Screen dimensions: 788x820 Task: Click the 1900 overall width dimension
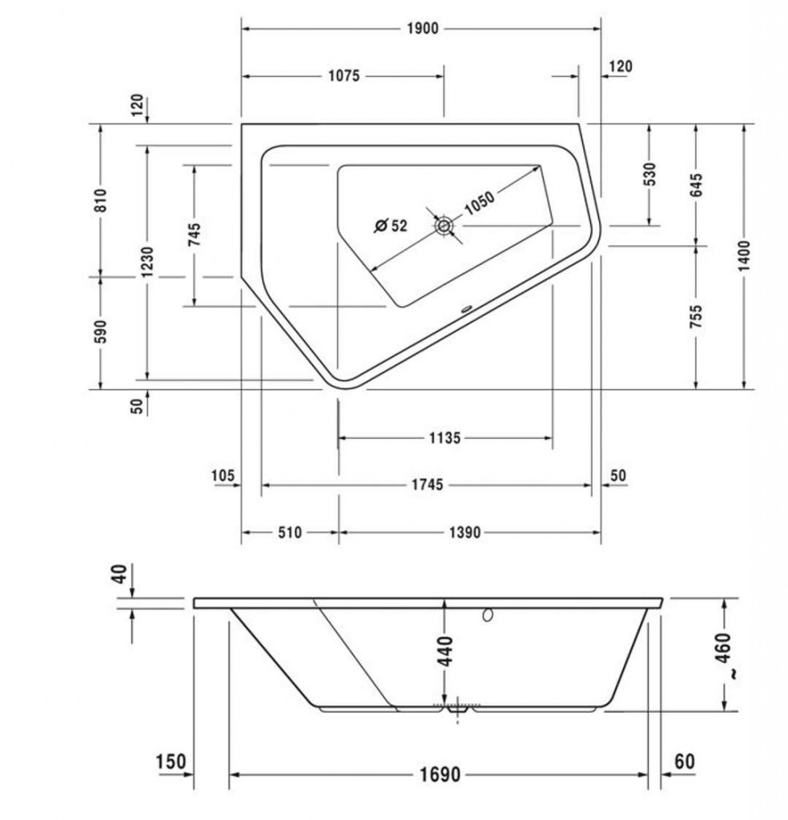[423, 28]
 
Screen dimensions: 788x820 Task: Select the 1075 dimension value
[344, 76]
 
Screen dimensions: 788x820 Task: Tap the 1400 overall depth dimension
[744, 256]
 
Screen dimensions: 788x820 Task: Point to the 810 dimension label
[100, 200]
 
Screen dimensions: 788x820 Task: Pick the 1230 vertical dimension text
[147, 262]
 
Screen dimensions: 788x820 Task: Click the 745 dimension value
[194, 235]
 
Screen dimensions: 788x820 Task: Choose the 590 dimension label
[100, 332]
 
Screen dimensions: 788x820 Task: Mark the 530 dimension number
[649, 174]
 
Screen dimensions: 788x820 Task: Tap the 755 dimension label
[696, 317]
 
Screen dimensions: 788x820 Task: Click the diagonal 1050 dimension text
[479, 203]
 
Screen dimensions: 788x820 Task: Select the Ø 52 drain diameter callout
[391, 225]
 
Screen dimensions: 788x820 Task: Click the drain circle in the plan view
[444, 226]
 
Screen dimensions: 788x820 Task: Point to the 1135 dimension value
[445, 438]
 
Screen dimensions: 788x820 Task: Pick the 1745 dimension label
[427, 484]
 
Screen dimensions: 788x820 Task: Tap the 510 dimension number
[290, 533]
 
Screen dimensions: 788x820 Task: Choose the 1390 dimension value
[464, 533]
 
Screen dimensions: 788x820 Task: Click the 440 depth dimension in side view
[444, 651]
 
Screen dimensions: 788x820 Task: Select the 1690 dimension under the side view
[440, 774]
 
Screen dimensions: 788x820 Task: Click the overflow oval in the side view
[488, 616]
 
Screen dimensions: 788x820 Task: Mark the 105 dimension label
[223, 476]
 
